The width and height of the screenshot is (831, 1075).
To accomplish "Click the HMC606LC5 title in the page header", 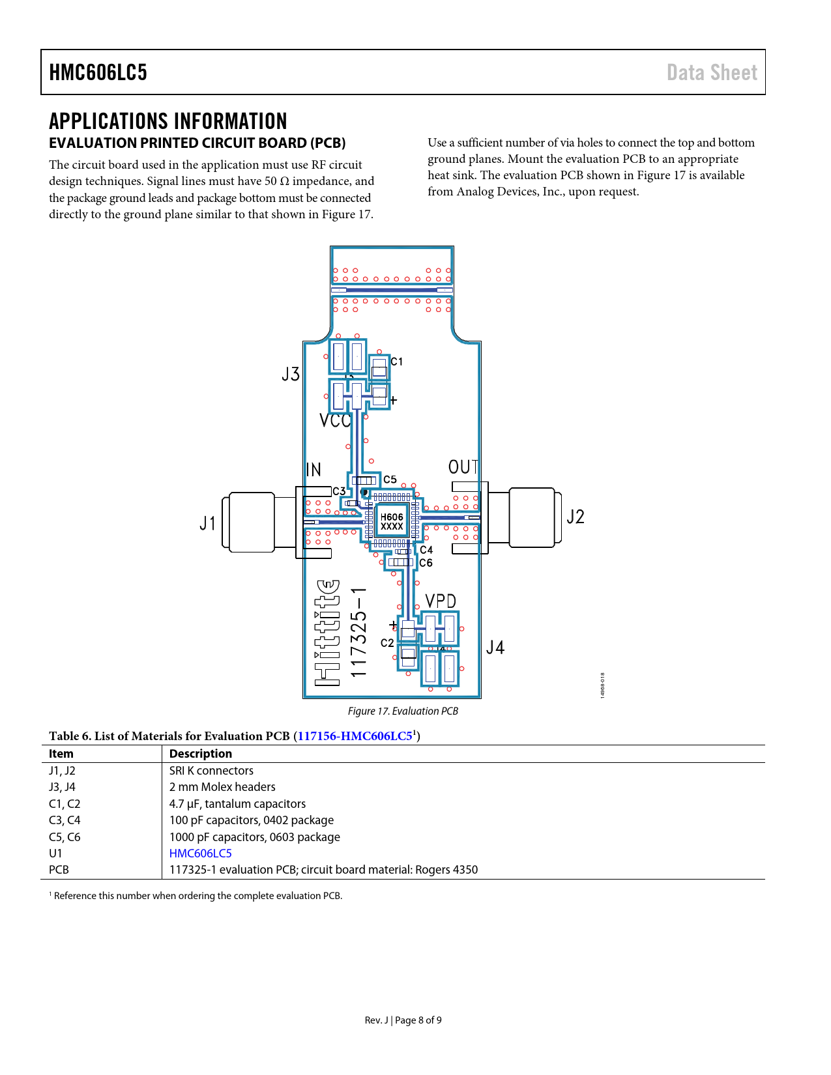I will pos(98,72).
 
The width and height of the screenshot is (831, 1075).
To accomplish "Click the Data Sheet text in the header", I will pos(712,72).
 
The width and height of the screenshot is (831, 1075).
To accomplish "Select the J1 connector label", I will pos(207,523).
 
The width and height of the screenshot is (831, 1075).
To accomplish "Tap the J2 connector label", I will pos(576,517).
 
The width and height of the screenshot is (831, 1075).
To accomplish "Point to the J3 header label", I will pos(291,374).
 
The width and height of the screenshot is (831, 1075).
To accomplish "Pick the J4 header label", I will pos(495,648).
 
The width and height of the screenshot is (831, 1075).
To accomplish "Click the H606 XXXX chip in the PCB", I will pos(392,521).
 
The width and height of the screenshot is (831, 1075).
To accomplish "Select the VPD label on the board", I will pos(441,601).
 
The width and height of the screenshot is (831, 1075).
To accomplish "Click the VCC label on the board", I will pos(335,421).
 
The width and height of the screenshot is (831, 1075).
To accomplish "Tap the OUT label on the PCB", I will pos(463,467).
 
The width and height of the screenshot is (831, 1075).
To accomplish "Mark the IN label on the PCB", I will pos(313,470).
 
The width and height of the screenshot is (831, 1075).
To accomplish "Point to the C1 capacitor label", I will pos(396,362).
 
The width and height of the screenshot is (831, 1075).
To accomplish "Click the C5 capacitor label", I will pos(390,480).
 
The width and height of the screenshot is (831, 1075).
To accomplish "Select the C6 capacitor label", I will pos(426,563).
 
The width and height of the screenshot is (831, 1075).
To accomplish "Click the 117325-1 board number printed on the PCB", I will pos(359,632).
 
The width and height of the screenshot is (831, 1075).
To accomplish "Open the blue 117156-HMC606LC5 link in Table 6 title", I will pos(355,736).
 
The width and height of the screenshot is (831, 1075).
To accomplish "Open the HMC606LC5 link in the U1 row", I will pos(200,853).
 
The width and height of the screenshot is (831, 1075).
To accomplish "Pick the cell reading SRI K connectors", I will pos(211,771).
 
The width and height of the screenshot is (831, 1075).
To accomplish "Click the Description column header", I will pos(200,754).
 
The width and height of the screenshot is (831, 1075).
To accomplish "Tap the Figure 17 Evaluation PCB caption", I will pos(403,711).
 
